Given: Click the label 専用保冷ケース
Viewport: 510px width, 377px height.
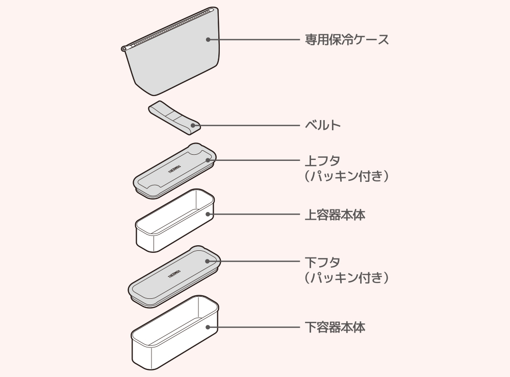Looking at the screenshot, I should pos(347,39).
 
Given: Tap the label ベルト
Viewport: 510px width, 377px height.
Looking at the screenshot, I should pos(322,125).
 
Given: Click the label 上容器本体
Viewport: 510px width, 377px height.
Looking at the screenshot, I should pos(335,215).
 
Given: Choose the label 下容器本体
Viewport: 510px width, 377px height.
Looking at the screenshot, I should pos(335,327).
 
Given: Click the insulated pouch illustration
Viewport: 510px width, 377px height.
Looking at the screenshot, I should pos(173,61).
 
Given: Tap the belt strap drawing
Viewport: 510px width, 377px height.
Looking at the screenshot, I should pos(173,116).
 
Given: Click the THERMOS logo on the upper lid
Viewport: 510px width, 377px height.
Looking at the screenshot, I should pos(174,168).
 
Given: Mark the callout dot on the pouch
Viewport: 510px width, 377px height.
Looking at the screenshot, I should pos(208,39).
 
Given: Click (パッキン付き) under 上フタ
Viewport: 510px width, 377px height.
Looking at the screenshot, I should pos(347,177).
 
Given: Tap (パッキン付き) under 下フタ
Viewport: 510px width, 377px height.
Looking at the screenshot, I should pos(347,278).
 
